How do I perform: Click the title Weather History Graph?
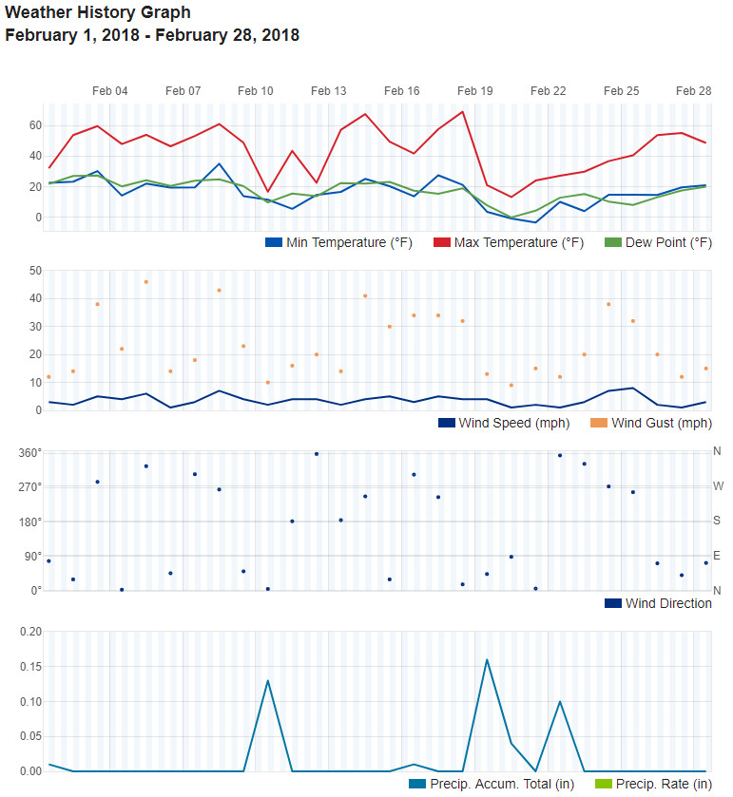(98, 13)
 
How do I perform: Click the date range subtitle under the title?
(152, 36)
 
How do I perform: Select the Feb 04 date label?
(110, 91)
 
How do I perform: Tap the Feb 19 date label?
(475, 91)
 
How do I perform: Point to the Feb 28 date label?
(693, 91)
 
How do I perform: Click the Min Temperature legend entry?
(339, 242)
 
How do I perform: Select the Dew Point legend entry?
(659, 242)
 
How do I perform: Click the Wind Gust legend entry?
(651, 423)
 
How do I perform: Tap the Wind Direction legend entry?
(659, 603)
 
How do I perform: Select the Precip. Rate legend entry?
(653, 784)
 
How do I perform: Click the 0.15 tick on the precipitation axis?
(30, 666)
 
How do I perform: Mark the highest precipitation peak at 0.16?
(487, 659)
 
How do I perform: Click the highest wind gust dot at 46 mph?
(146, 282)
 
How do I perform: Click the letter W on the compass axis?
(719, 486)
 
